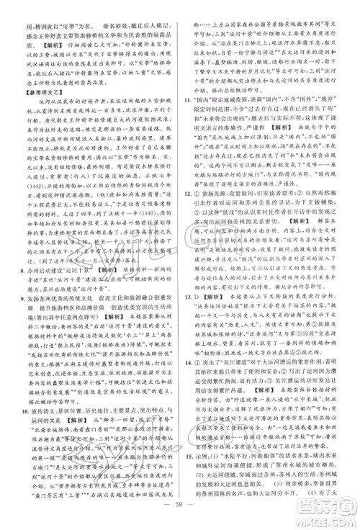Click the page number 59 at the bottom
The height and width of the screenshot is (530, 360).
pyautogui.click(x=180, y=517)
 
